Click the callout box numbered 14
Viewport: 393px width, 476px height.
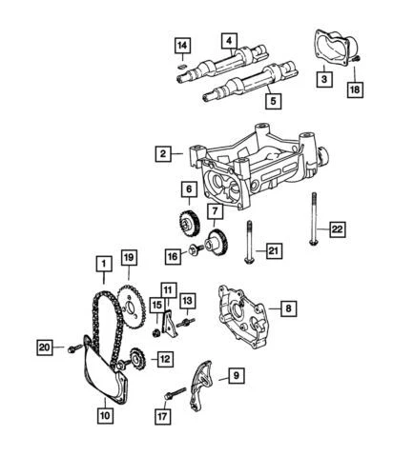[x=182, y=44]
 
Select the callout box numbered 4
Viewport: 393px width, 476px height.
[x=229, y=39]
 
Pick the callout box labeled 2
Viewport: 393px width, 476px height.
[x=165, y=153]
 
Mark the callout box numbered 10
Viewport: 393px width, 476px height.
[x=105, y=414]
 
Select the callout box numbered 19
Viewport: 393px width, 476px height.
[x=129, y=256]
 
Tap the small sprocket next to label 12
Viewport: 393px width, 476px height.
[x=134, y=360]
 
